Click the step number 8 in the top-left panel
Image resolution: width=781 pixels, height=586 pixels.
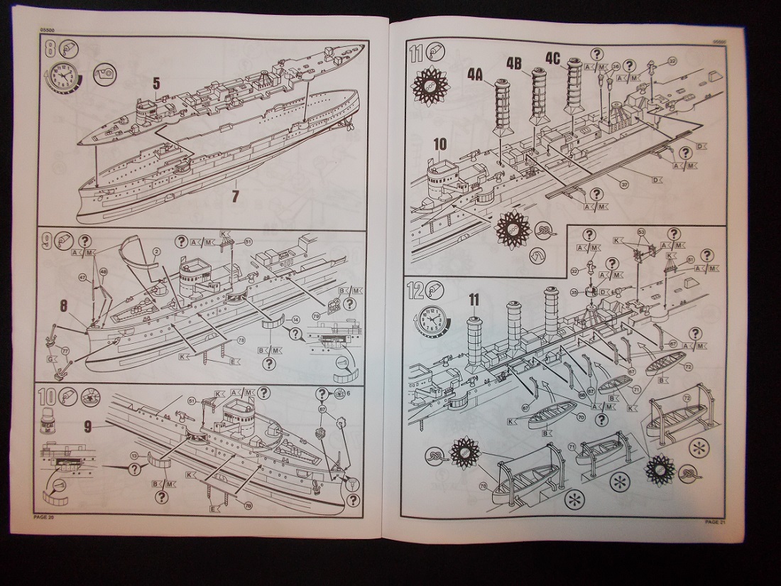tap(49, 50)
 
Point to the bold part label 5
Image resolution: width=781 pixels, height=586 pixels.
tap(156, 84)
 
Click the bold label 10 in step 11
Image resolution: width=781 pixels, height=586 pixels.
tap(439, 144)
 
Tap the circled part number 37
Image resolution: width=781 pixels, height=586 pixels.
tap(623, 185)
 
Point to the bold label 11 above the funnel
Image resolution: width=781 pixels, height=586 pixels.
tap(474, 300)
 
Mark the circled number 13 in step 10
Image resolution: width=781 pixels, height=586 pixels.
tap(135, 455)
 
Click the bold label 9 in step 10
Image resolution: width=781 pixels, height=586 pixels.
tap(87, 428)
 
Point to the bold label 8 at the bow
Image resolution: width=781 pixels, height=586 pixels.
tap(65, 308)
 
